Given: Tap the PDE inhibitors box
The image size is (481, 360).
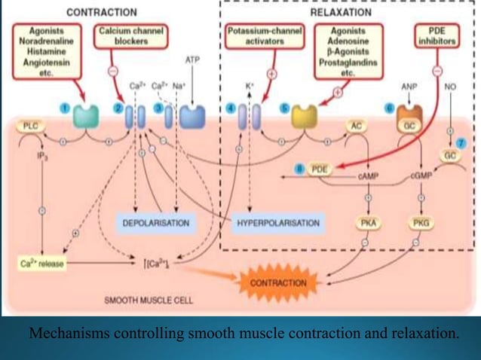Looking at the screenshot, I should click(x=437, y=37).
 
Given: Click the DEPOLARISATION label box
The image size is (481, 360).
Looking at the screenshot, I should click(x=155, y=223).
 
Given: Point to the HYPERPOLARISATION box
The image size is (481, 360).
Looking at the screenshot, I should click(x=278, y=223).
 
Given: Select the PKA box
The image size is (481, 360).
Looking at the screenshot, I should click(x=369, y=223).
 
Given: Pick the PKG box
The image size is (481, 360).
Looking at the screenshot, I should click(x=421, y=223).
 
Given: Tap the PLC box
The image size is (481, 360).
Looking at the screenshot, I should click(x=31, y=126).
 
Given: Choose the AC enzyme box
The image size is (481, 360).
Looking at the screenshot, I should click(x=357, y=126).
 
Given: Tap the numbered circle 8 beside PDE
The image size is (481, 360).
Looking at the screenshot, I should click(x=299, y=169).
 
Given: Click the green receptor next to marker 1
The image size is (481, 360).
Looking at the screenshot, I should click(x=86, y=116).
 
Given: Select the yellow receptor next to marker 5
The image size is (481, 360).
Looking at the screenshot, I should click(x=305, y=116).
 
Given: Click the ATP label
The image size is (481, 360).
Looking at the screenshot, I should click(x=192, y=59).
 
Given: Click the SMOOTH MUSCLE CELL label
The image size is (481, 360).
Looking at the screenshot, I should click(x=149, y=300).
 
